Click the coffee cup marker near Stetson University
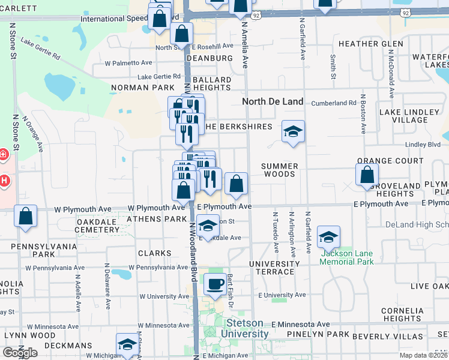[214, 284]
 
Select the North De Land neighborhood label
[273, 101]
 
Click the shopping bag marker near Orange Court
[367, 175]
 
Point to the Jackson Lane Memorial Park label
[346, 257]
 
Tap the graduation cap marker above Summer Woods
[292, 131]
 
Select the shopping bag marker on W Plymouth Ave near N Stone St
[26, 217]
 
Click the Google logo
[19, 353]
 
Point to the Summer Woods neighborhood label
[280, 170]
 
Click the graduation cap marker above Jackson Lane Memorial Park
[328, 237]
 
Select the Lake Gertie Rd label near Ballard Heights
[159, 76]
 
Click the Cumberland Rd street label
[334, 103]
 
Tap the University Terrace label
[274, 268]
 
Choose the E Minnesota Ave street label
[300, 324]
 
